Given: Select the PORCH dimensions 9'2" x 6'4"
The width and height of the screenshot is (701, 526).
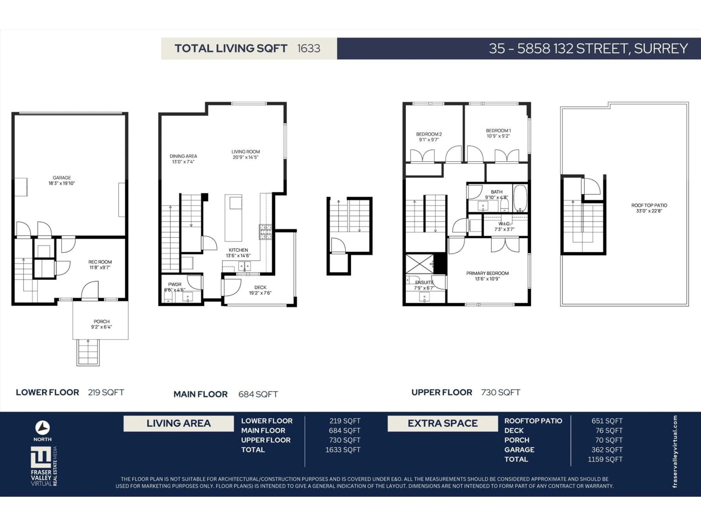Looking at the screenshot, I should point(101,327).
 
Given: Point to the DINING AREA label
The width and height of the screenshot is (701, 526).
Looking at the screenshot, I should point(183,156).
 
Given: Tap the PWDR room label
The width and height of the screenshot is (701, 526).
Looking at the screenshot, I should point(175,284).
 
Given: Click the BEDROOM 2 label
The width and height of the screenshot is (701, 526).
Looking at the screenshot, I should point(429,134).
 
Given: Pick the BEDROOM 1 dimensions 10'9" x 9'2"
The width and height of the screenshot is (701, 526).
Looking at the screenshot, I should point(498,136).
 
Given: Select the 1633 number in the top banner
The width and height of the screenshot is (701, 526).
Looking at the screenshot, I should point(308,49).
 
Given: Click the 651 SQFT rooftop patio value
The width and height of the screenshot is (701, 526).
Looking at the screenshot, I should point(607,421).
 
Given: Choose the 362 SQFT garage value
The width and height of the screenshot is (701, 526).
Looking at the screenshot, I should point(607,450).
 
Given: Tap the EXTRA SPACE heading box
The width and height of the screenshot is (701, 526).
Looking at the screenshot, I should point(442,423).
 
